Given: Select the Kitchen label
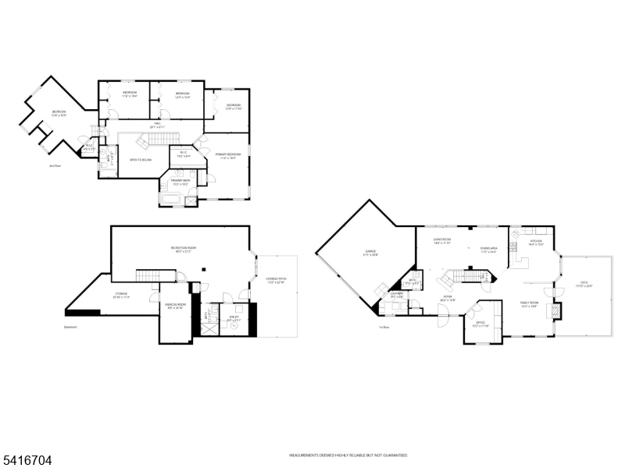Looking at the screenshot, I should tap(536, 243).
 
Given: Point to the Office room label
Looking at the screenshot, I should tap(480, 323).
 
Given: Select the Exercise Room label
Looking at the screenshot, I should tap(175, 306).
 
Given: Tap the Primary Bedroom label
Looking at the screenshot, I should tap(228, 156).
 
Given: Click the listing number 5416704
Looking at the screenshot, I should tap(27, 461).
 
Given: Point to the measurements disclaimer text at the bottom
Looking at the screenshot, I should tap(348, 455).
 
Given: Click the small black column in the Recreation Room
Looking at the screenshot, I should tap(203, 270).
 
